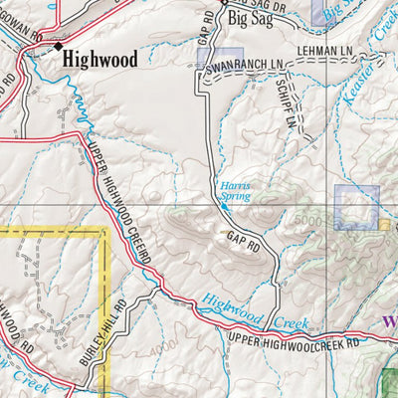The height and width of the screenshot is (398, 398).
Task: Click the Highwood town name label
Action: tap(99, 59)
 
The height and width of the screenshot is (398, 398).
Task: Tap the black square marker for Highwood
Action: tap(58, 46)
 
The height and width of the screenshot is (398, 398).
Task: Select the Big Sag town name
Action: tap(249, 17)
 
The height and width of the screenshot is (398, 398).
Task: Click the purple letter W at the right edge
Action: tap(387, 322)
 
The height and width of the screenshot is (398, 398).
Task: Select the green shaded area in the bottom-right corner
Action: tap(389, 382)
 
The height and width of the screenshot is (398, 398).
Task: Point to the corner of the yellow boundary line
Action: tap(103, 230)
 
